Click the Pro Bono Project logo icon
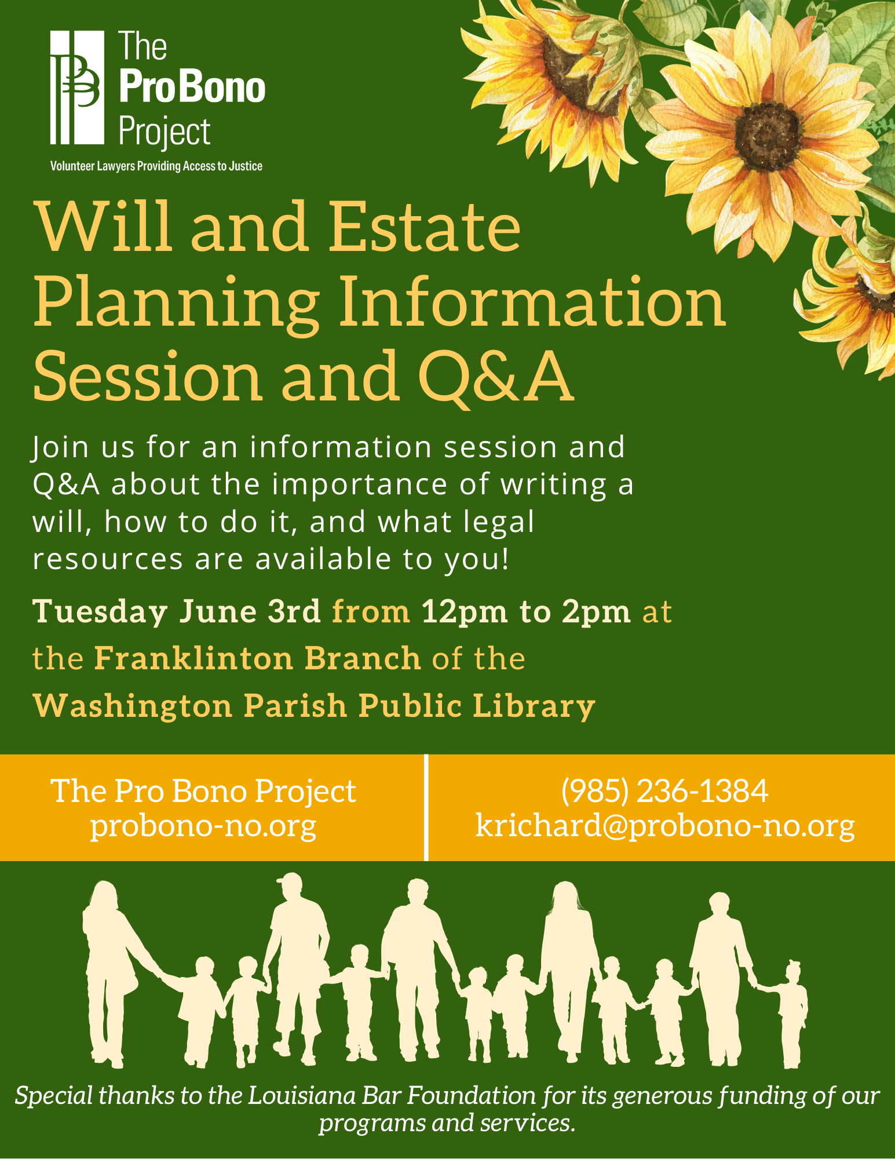(77, 87)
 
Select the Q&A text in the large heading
(496, 377)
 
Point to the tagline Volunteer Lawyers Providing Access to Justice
(156, 166)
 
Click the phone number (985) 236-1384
(664, 791)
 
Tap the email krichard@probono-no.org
(664, 825)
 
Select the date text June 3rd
(250, 611)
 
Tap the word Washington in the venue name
(133, 707)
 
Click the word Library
(534, 707)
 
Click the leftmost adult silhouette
(113, 974)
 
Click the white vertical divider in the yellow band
(426, 807)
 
